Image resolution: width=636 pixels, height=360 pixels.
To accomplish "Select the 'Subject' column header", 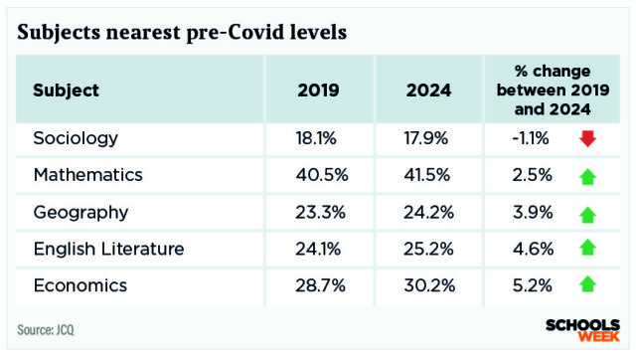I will click(x=66, y=90).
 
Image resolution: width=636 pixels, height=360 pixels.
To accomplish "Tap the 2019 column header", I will click(x=319, y=90).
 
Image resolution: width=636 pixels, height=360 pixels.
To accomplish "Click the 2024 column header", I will click(x=428, y=90).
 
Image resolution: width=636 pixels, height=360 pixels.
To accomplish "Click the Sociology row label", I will click(x=76, y=138).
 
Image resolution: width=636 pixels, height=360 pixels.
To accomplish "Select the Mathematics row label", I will click(x=87, y=175).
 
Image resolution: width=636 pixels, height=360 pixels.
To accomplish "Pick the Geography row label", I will click(x=80, y=212).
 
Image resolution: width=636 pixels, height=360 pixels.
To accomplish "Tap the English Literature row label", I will click(x=108, y=249).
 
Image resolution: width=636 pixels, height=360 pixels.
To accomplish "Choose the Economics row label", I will click(x=79, y=285).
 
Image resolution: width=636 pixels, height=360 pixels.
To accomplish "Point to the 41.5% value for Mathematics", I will click(x=429, y=175).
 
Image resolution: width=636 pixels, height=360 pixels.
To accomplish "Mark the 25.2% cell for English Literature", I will click(x=429, y=249).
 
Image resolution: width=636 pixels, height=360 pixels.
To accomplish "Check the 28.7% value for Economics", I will click(x=319, y=285).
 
